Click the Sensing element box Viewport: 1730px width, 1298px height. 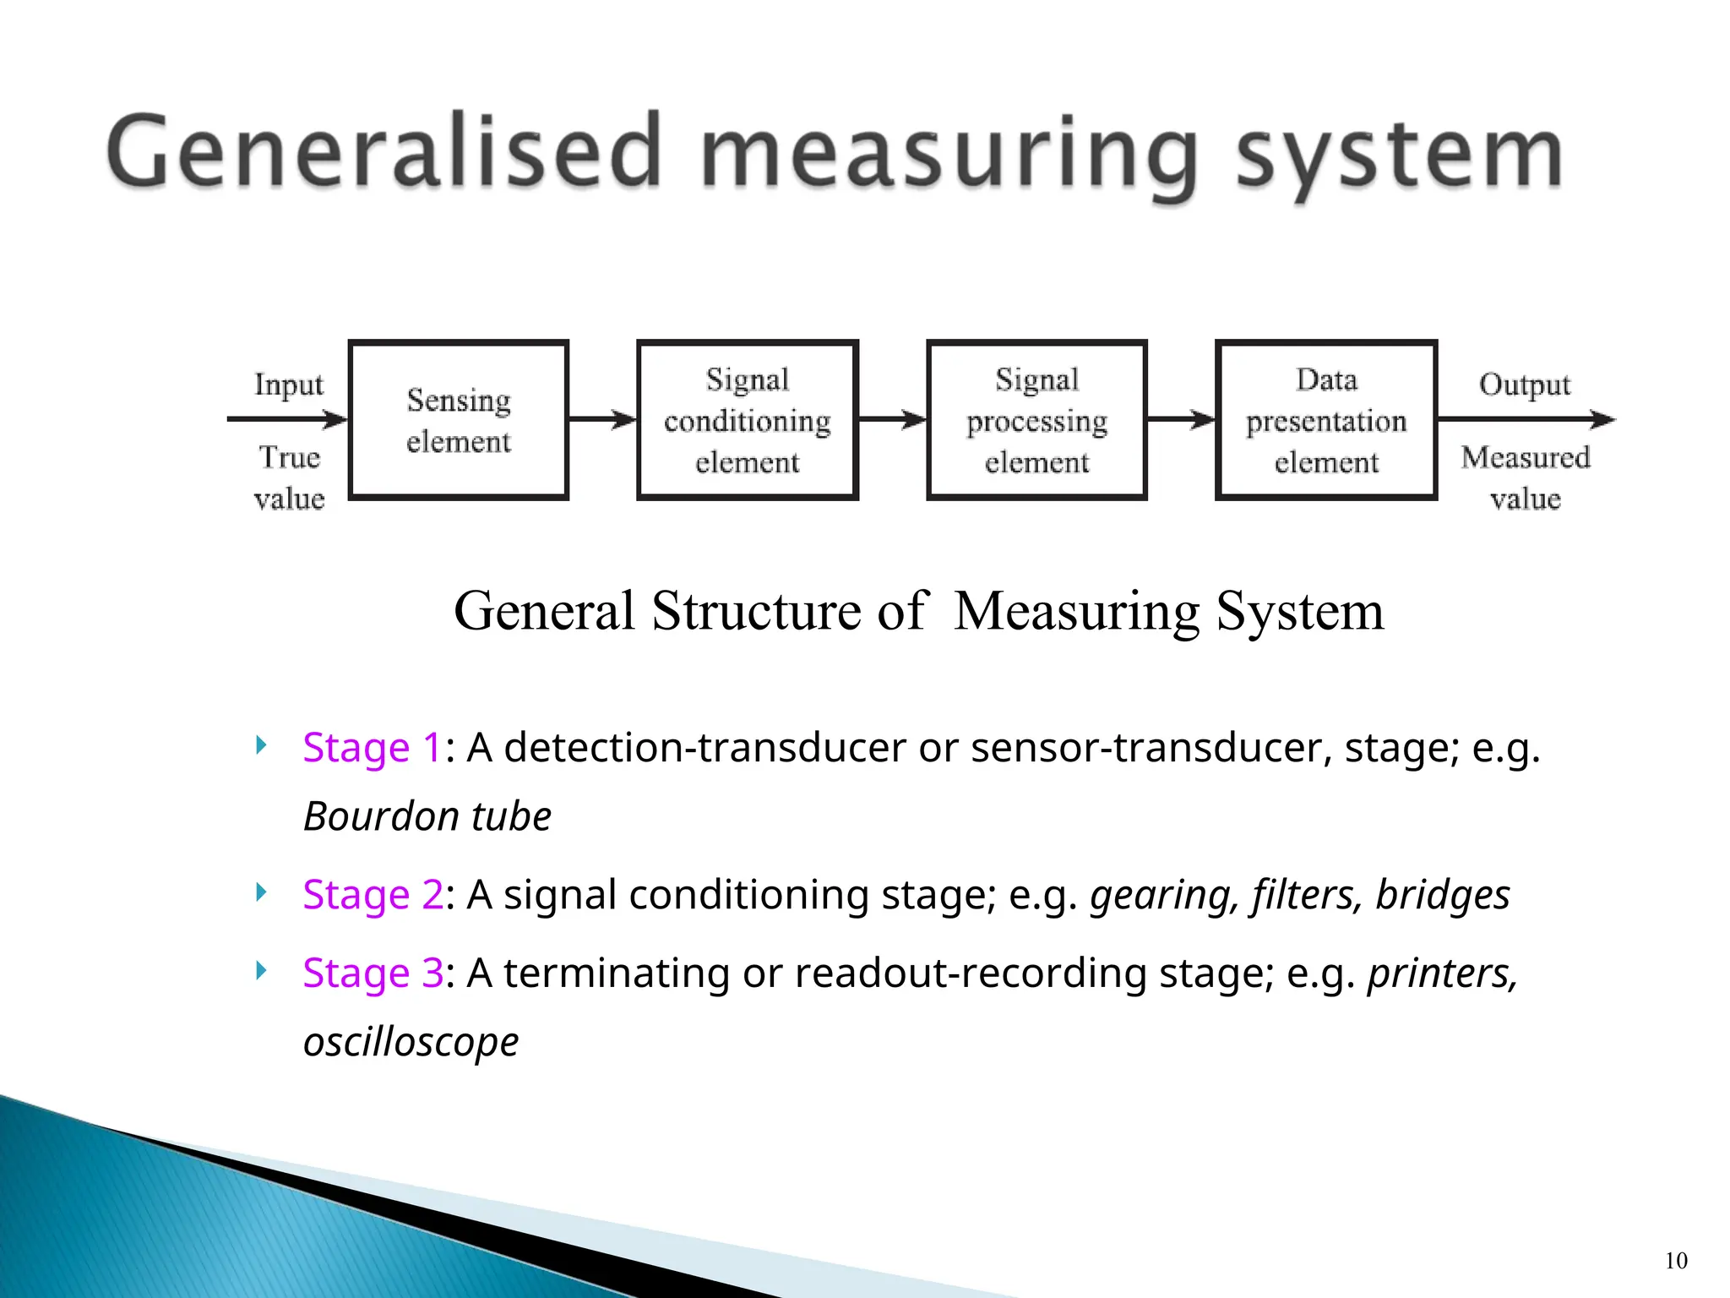[459, 420]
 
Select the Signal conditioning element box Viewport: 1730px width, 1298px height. [748, 420]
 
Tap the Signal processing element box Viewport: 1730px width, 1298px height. [1036, 420]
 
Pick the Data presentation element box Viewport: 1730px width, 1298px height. [1326, 420]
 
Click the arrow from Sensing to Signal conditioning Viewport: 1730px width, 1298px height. [602, 419]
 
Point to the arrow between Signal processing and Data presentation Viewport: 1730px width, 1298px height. [1181, 419]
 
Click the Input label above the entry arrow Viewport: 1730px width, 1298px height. [289, 384]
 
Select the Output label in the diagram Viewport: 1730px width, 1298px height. [1525, 384]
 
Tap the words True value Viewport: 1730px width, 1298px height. [289, 477]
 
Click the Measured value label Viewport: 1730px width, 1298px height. [1526, 477]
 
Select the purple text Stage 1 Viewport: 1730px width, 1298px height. [372, 748]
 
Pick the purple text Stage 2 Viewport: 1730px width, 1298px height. [373, 895]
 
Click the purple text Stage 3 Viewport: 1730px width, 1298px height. [373, 973]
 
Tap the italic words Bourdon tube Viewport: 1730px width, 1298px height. [427, 816]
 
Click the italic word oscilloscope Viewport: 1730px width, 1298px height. [411, 1042]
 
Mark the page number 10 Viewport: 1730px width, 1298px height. [1676, 1261]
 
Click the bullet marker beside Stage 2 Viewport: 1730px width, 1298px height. [261, 892]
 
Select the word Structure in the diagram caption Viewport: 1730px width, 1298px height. [757, 610]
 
